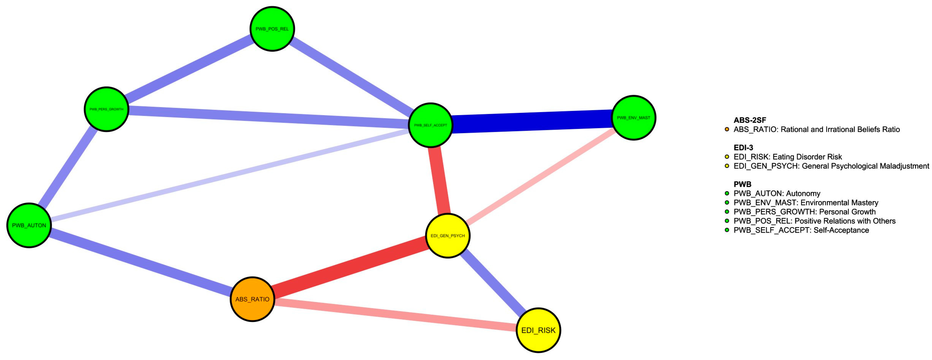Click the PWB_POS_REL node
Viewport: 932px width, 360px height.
point(272,29)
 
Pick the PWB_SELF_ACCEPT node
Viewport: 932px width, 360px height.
point(430,125)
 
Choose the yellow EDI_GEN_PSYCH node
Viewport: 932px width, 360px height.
point(448,236)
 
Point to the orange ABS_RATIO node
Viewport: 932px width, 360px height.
point(252,299)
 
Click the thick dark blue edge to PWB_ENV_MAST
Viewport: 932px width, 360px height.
point(532,121)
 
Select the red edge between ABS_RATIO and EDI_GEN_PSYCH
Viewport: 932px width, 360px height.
point(349,268)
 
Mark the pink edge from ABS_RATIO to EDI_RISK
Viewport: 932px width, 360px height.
point(394,314)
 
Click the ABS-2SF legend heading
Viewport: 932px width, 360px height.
point(750,120)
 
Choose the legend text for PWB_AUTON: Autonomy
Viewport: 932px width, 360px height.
point(777,193)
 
